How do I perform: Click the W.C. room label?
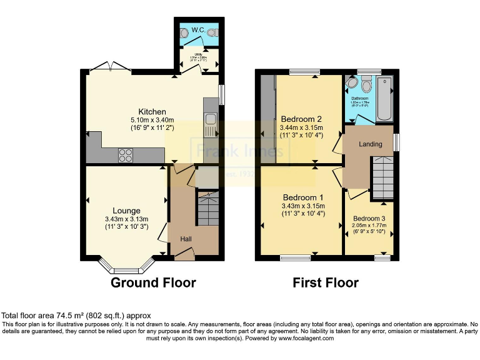[199, 29]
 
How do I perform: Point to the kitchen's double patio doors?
[103, 67]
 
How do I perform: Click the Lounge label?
[126, 210]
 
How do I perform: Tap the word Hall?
[186, 239]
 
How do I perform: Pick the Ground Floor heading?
[153, 283]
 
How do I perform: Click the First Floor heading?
[326, 283]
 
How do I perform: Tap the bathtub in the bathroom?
[384, 98]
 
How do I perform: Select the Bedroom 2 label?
[301, 119]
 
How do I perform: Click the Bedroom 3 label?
[369, 218]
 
